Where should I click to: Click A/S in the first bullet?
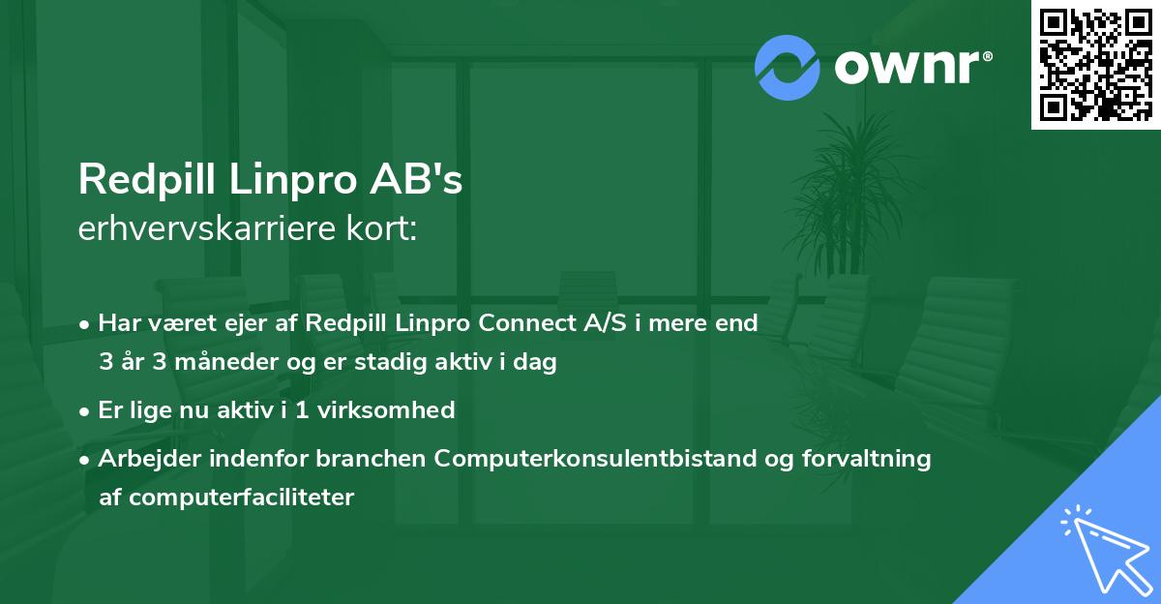579,324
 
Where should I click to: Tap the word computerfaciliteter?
226,498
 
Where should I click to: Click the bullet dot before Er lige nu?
85,411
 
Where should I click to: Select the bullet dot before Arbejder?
85,460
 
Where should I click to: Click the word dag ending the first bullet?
539,363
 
